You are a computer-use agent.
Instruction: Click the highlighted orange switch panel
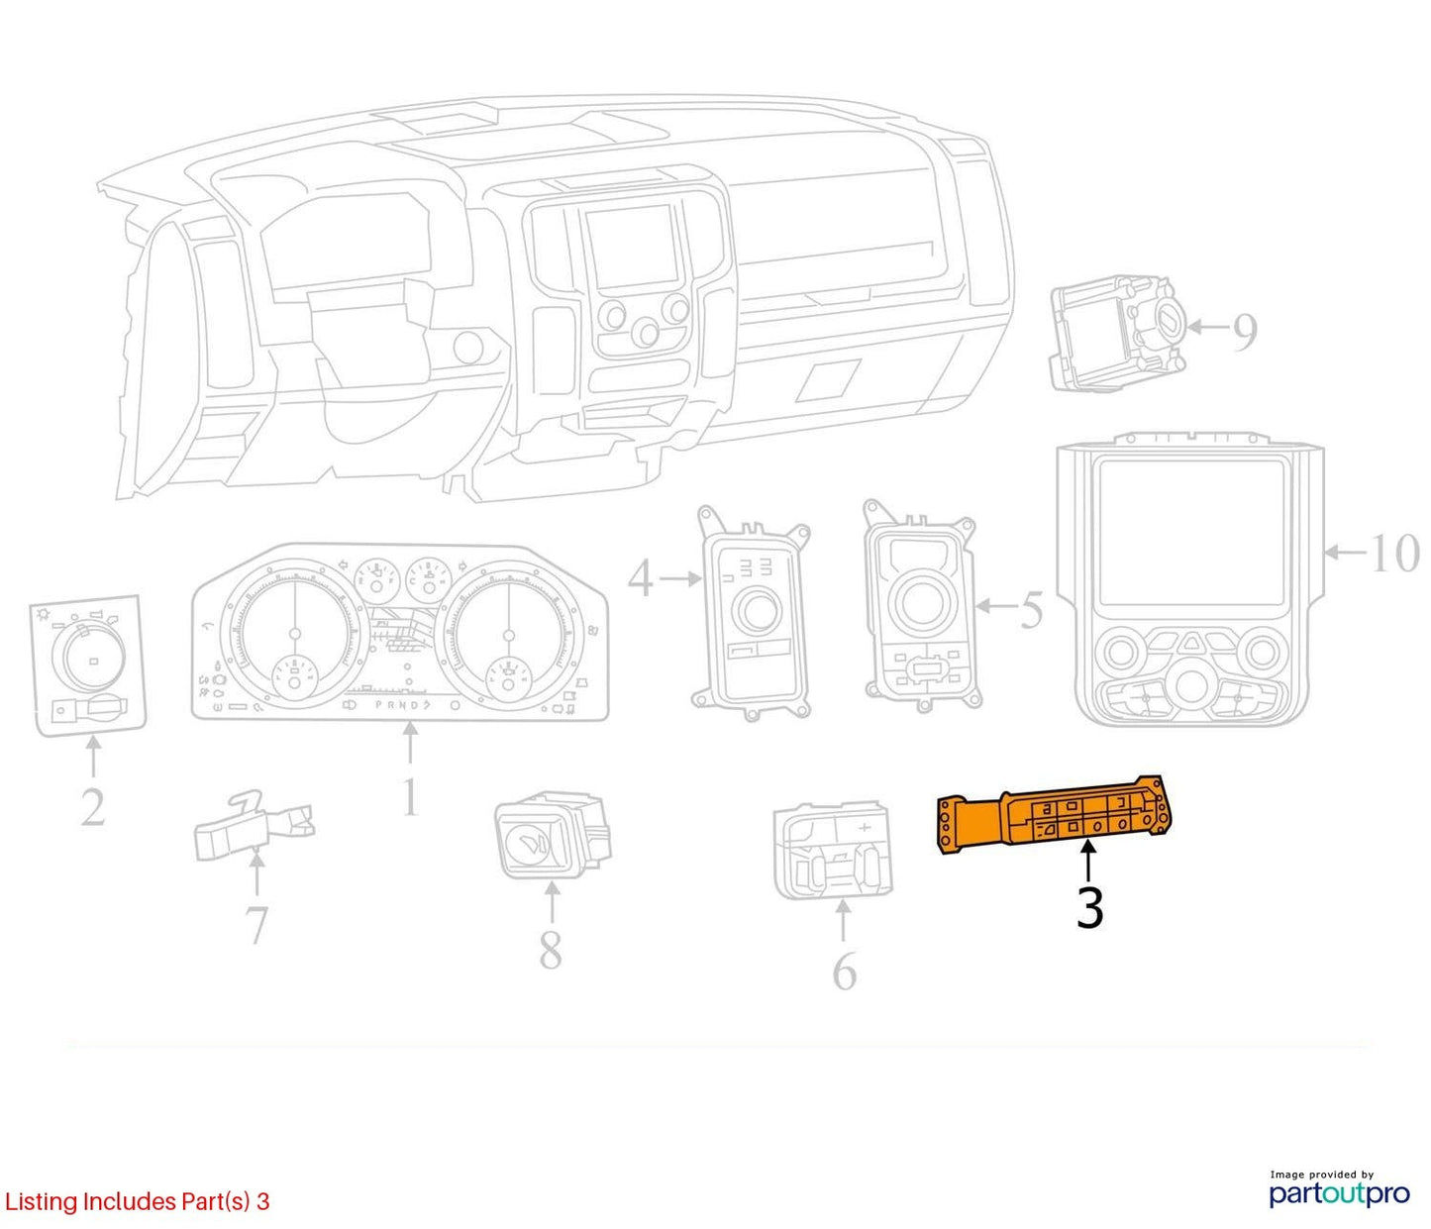pos(1053,818)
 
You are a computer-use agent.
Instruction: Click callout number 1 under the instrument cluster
pos(411,796)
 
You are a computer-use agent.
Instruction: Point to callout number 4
pos(641,578)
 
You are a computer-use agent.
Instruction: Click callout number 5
pos(1031,609)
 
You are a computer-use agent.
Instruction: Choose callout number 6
pos(844,972)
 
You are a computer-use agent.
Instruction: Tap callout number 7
pos(256,925)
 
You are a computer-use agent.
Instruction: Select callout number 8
pos(551,950)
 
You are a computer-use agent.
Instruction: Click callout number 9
pos(1245,332)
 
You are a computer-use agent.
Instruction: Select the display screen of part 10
pos(1188,532)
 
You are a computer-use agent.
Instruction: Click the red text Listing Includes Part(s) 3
pos(137,1200)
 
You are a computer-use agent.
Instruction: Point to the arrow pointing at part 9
pos(1206,326)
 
